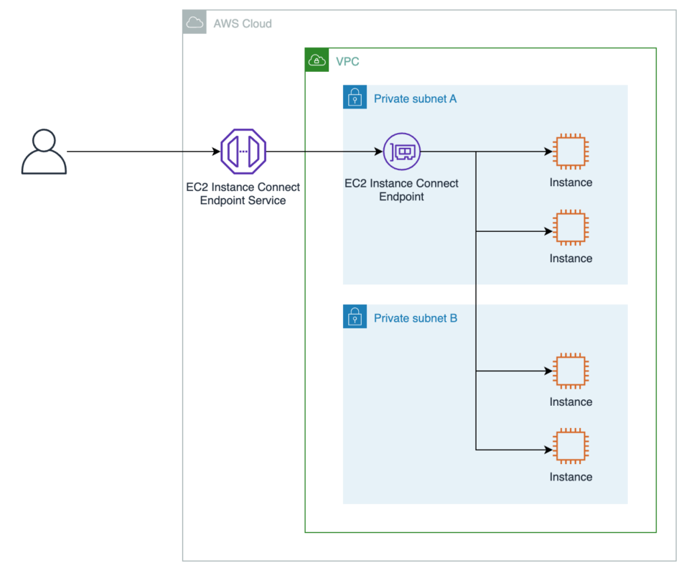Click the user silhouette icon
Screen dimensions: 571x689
44,152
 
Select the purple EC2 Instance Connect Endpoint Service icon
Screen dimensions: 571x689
243,152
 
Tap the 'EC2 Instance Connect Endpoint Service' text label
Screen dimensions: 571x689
243,194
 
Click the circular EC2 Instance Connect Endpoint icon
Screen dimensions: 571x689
401,152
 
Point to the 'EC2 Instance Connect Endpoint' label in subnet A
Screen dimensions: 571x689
401,190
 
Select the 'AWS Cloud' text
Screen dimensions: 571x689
243,24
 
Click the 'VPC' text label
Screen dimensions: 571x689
347,62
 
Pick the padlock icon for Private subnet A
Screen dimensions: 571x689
355,98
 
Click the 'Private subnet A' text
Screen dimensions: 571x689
415,98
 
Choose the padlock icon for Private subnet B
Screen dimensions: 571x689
355,317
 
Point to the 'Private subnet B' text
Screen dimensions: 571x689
415,318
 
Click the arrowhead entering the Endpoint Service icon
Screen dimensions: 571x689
216,152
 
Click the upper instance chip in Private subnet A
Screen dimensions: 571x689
571,152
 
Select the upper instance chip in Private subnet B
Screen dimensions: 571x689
571,371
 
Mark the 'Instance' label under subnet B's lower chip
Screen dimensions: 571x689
571,477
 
